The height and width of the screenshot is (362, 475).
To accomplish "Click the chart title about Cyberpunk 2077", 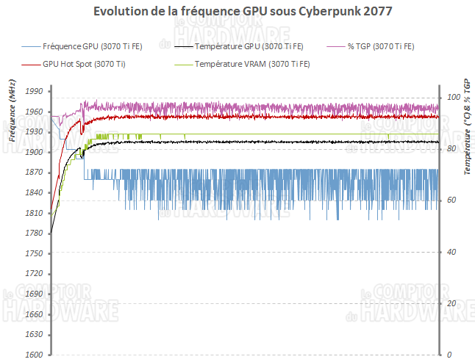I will [238, 12].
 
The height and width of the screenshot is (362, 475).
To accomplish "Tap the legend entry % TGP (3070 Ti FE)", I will [383, 46].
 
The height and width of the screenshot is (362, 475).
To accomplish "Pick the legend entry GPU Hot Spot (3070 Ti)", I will [84, 64].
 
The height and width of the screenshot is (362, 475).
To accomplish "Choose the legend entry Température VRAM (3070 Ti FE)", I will [252, 64].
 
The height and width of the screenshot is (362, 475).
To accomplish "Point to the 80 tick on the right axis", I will [452, 149].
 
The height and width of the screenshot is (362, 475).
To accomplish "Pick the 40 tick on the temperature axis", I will [452, 252].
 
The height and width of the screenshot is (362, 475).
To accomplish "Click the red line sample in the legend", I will [31, 64].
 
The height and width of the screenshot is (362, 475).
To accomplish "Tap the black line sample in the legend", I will [184, 46].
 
